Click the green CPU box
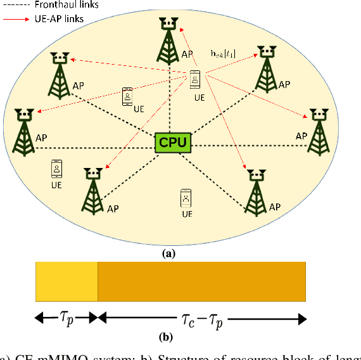(x=173, y=142)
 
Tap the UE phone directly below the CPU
(x=186, y=197)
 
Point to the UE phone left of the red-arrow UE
(x=127, y=97)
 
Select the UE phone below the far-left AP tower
(x=57, y=169)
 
